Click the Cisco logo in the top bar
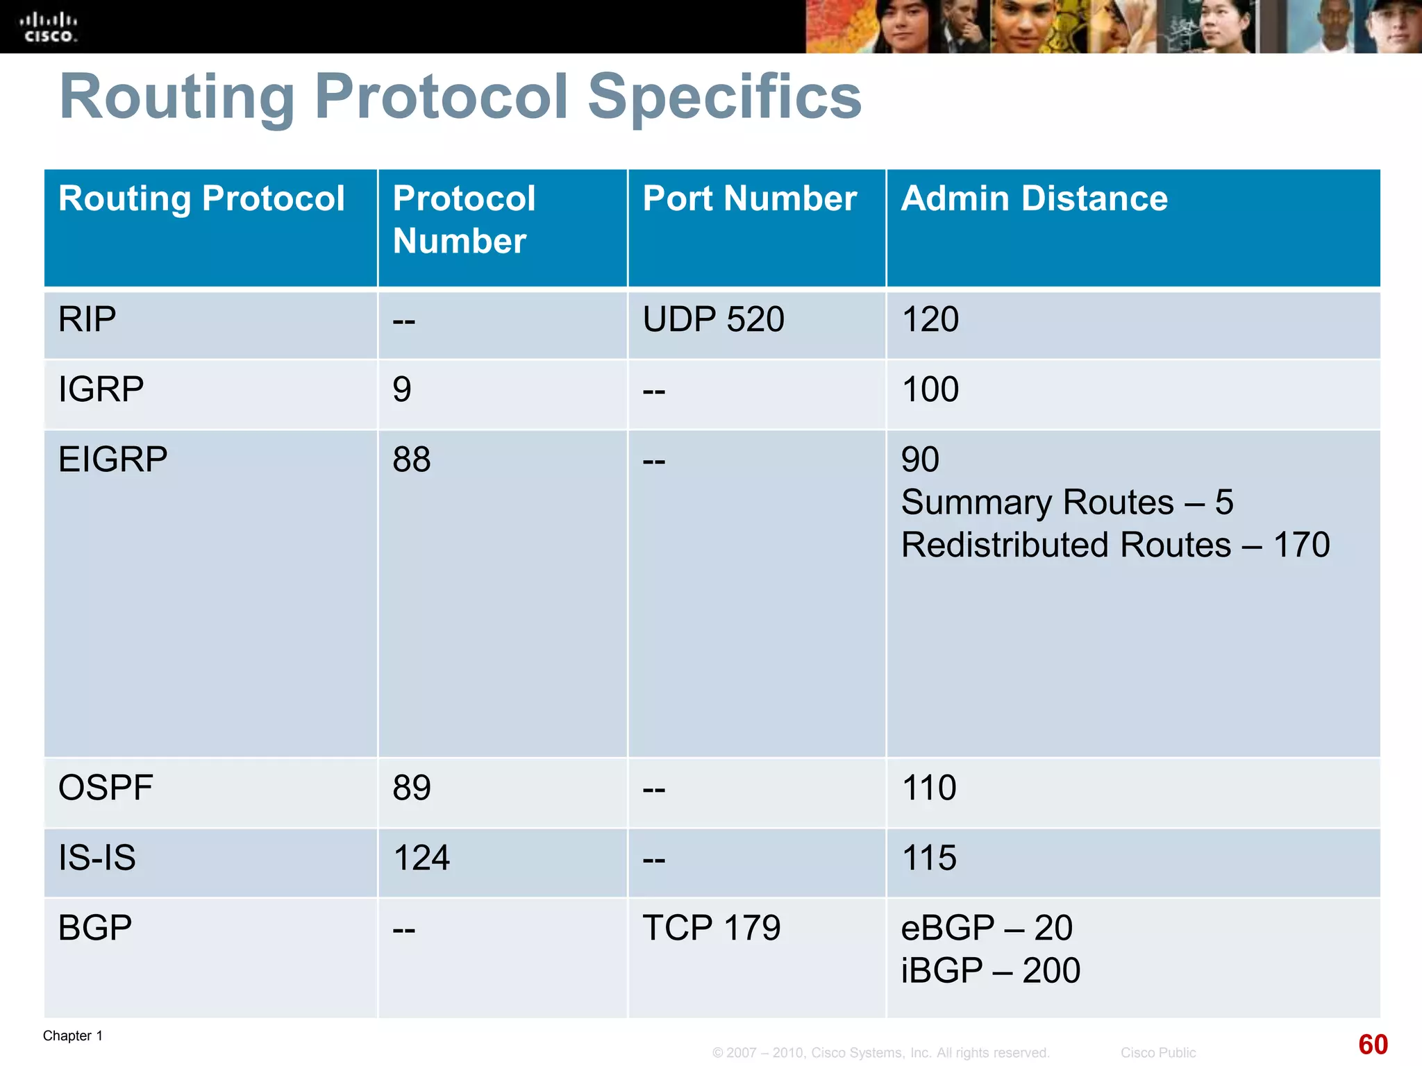pos(48,27)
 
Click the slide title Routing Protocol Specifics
pos(460,96)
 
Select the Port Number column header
pos(749,198)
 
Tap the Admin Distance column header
pos(1034,198)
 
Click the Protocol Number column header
pos(464,219)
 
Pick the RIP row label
pos(87,320)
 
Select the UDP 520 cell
pos(713,320)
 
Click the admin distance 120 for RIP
pos(930,320)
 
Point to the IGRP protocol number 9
pos(402,389)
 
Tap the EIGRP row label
pos(112,459)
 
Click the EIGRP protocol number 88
pos(411,459)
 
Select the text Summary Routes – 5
pos(1066,502)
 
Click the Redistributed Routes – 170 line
pos(1115,545)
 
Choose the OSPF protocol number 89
pos(411,788)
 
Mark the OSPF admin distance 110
pos(928,788)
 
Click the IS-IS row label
pos(97,858)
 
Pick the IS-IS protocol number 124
pos(421,858)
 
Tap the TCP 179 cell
pos(711,928)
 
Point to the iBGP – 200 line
pos(990,970)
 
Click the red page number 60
pos(1373,1044)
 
